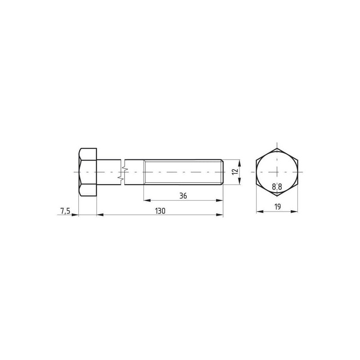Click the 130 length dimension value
160,211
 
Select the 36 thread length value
183,196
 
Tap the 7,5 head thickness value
65,211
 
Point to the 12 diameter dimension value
235,172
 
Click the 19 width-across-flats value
277,207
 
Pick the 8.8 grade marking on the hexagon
277,187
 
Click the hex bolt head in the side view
87,172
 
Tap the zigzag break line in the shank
122,172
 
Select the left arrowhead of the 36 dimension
147,200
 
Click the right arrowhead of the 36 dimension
220,200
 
